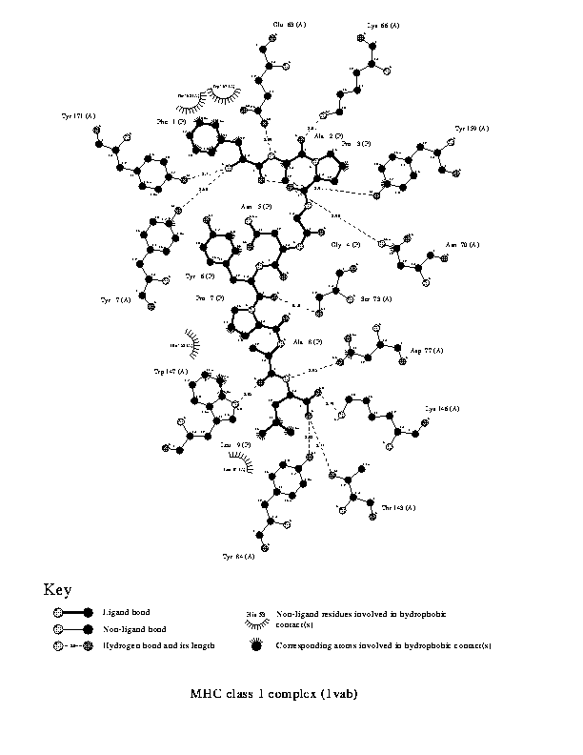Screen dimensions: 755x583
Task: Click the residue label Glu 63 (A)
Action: click(289, 23)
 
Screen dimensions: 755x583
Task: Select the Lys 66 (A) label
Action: click(383, 27)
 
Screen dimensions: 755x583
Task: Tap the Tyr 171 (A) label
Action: click(78, 116)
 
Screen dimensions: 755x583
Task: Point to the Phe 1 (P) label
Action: click(169, 122)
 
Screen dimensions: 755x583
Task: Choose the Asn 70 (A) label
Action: click(462, 245)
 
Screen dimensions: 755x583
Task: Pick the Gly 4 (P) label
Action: click(344, 245)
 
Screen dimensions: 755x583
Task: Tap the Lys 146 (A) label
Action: click(442, 409)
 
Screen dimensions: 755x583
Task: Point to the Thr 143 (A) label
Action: click(397, 508)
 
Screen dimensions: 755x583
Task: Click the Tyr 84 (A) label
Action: click(238, 555)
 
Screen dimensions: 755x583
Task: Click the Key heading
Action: click(56, 590)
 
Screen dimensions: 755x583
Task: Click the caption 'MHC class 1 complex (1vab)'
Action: click(274, 693)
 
